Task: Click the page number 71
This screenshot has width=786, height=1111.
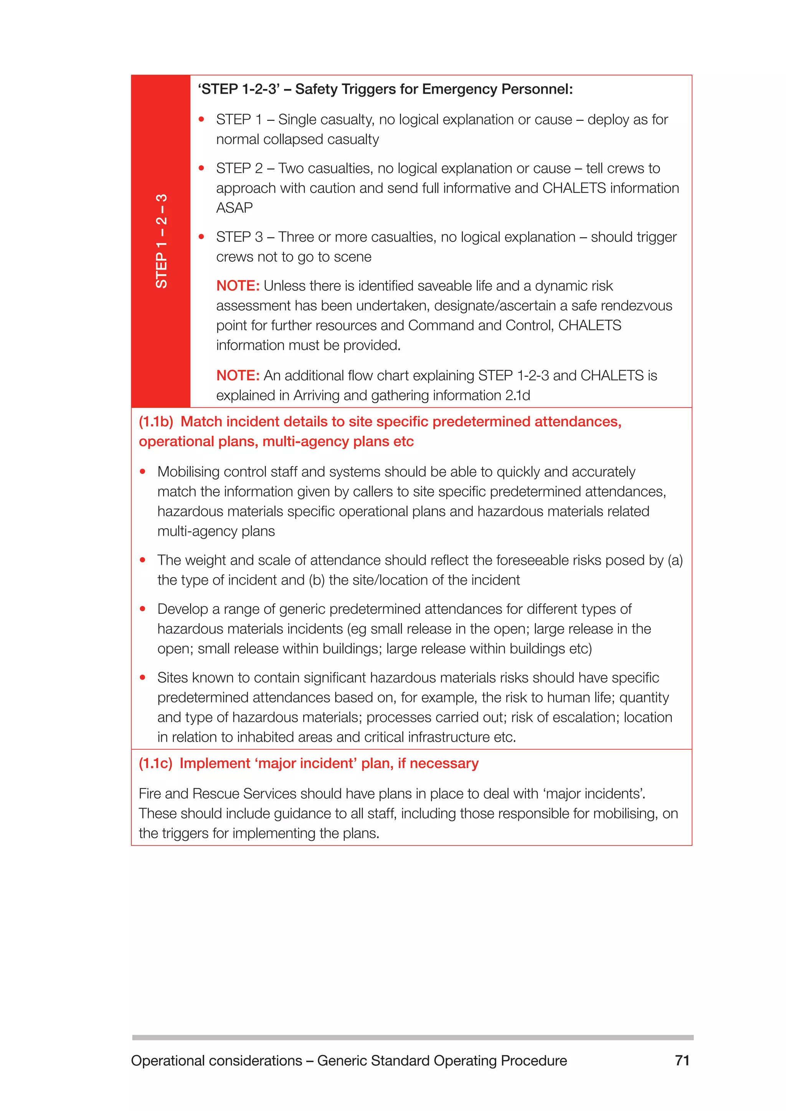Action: [x=682, y=1060]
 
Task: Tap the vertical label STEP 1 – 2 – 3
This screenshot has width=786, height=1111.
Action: [x=161, y=241]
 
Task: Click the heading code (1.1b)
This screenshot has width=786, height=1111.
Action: [x=156, y=422]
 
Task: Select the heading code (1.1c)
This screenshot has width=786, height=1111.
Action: [x=155, y=763]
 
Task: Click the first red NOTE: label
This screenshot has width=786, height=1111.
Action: [x=238, y=286]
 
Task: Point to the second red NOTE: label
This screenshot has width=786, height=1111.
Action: [x=238, y=376]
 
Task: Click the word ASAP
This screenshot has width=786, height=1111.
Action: [x=234, y=208]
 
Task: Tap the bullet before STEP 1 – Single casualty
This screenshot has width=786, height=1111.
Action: [x=202, y=120]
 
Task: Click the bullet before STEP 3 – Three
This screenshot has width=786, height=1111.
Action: [x=202, y=237]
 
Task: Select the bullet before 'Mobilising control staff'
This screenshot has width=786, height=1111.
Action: [x=143, y=472]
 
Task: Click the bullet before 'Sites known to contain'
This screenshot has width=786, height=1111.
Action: [x=143, y=677]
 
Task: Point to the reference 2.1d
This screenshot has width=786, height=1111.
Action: [x=517, y=396]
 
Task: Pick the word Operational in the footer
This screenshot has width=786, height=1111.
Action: [x=167, y=1060]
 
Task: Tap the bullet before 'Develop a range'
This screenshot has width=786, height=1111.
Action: [x=143, y=609]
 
